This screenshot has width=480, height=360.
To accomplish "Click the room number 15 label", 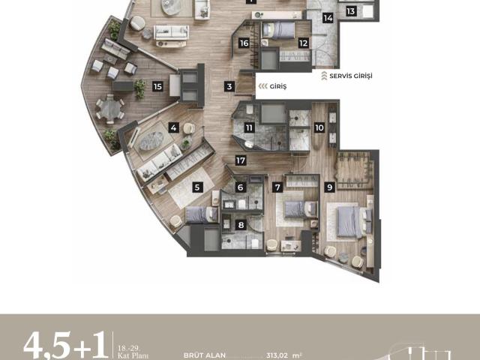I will [157, 86].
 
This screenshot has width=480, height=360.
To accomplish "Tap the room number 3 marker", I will [230, 86].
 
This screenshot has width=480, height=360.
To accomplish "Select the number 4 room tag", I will [173, 127].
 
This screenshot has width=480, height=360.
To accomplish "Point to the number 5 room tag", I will [198, 187].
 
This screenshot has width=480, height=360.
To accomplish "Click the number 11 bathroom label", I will [247, 128].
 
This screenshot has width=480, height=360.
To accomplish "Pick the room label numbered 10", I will [319, 128].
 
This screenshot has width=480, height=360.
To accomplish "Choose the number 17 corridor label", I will [240, 160].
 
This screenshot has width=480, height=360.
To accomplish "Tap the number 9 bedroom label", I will [328, 187].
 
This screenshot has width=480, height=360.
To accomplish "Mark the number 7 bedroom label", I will [277, 187].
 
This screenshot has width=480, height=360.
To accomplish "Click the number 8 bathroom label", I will [241, 224].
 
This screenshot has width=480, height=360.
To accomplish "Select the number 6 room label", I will [241, 187].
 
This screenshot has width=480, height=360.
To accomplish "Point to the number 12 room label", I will [303, 43].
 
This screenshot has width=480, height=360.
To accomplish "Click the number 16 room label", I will [244, 43].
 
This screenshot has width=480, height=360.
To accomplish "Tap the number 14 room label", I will [328, 17].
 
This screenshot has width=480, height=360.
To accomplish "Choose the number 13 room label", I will [351, 10].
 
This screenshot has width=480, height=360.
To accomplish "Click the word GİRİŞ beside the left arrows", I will [275, 86].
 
